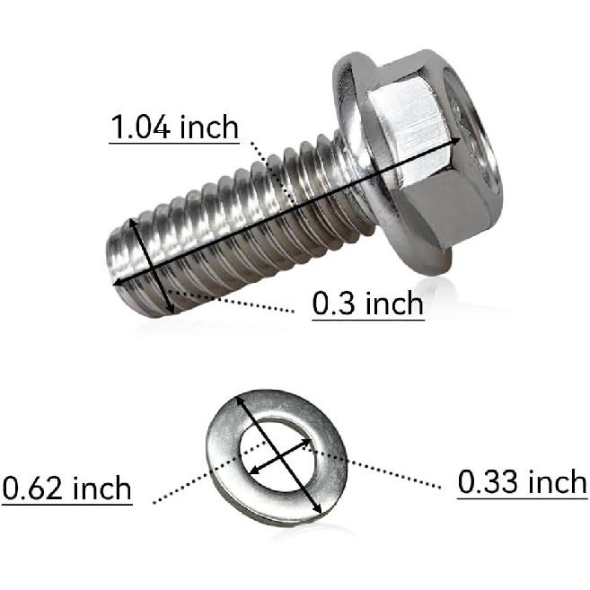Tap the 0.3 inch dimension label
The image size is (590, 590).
(x=367, y=304)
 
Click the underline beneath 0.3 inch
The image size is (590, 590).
(x=367, y=319)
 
